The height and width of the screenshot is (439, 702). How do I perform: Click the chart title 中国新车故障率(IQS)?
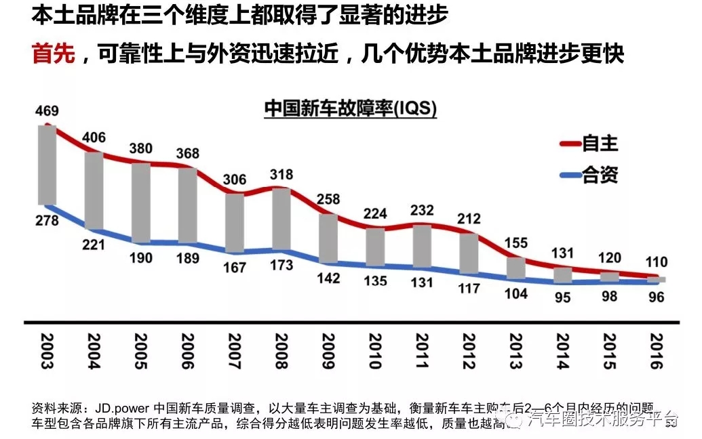tap(350, 108)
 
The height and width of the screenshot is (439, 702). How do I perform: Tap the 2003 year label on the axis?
tap(47, 350)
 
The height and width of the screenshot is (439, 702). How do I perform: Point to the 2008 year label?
tap(279, 350)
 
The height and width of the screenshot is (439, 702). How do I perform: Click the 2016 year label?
tap(654, 350)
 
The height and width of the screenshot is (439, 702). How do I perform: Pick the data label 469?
tap(46, 111)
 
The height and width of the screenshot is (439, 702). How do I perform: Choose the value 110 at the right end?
tap(655, 262)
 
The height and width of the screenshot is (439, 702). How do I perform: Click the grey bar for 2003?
tap(47, 164)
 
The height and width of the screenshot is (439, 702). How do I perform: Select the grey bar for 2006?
tap(187, 205)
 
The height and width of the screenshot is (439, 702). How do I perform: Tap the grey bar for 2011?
tap(422, 245)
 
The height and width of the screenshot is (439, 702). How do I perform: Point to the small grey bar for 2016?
tap(655, 279)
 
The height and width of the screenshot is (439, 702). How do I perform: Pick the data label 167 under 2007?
tap(234, 267)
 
